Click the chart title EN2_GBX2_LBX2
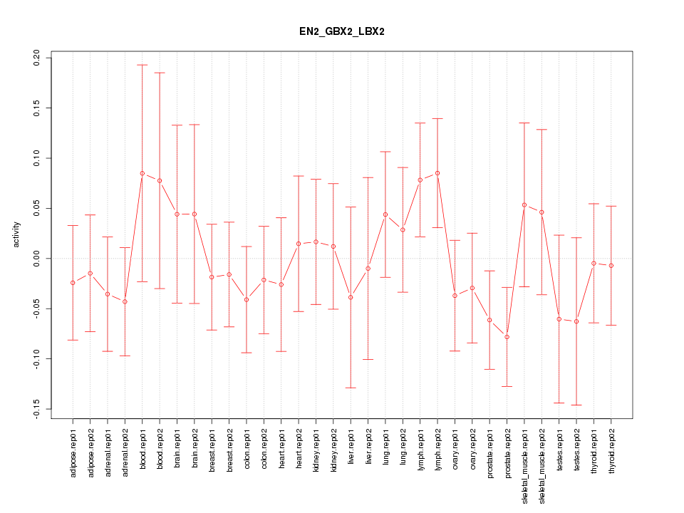tap(342, 32)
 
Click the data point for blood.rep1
tap(142, 173)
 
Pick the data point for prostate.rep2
tap(507, 336)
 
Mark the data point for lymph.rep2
tap(437, 173)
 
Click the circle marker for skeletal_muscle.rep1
tap(524, 205)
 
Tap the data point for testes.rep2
tap(576, 321)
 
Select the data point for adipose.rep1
tap(73, 283)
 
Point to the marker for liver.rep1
tap(351, 297)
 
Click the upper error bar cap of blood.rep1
tap(142, 65)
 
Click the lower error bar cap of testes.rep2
tap(576, 405)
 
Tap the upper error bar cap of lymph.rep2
tap(437, 118)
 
